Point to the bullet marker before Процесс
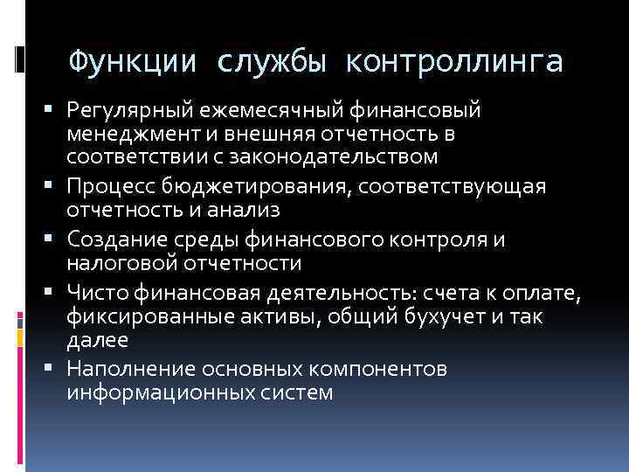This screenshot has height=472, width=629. tap(57, 186)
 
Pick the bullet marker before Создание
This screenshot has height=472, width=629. tap(57, 239)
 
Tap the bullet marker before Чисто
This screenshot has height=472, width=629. tap(57, 291)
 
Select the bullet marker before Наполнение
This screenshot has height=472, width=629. tap(57, 368)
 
